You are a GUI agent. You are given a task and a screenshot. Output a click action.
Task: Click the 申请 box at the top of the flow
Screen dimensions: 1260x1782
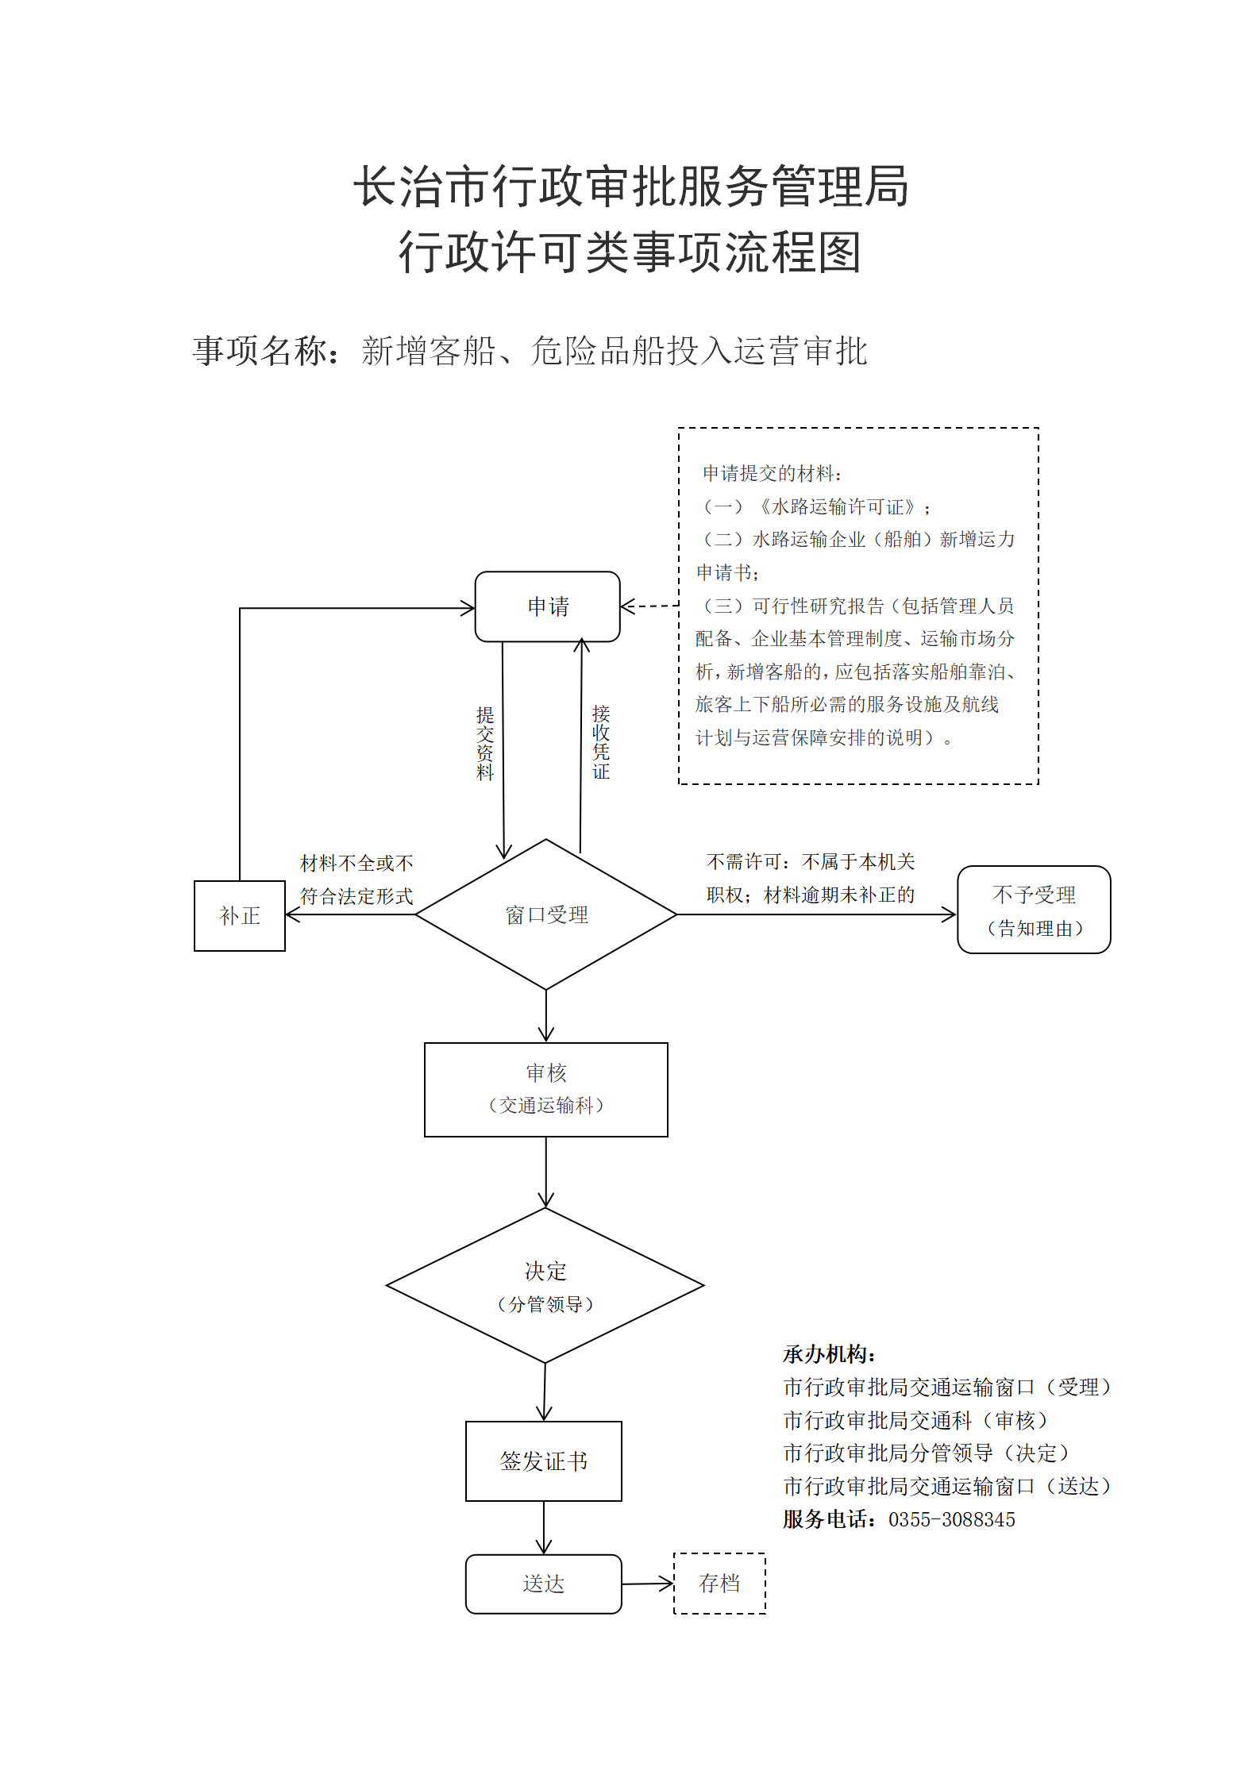pyautogui.click(x=547, y=606)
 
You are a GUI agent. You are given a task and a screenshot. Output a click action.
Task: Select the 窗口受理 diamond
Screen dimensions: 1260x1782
pyautogui.click(x=546, y=914)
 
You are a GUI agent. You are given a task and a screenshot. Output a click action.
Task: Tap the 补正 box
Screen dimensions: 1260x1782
pyautogui.click(x=240, y=916)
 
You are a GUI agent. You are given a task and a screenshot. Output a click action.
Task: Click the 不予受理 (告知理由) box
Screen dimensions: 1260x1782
pyautogui.click(x=1034, y=910)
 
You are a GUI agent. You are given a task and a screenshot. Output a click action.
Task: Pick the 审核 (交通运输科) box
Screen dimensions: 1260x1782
pyautogui.click(x=546, y=1090)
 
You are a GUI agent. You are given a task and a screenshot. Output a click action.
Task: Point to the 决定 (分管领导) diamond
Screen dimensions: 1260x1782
pyautogui.click(x=545, y=1286)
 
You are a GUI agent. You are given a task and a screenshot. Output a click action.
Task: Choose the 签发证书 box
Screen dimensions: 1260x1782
pyautogui.click(x=544, y=1461)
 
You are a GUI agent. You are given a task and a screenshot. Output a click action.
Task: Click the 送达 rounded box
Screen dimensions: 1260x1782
pyautogui.click(x=544, y=1584)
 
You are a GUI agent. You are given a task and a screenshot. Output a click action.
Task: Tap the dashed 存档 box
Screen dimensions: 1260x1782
pyautogui.click(x=719, y=1584)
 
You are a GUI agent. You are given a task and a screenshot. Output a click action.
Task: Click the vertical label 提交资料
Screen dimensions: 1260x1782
pyautogui.click(x=485, y=743)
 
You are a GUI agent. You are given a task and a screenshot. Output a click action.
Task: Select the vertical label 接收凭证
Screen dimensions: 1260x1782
pyautogui.click(x=601, y=741)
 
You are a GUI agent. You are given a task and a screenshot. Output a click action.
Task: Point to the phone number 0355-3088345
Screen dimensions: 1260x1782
pyautogui.click(x=952, y=1519)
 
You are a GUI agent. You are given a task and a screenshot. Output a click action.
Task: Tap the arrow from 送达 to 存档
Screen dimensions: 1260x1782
pyautogui.click(x=648, y=1584)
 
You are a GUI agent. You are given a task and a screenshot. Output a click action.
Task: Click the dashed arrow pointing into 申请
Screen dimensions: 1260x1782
pyautogui.click(x=649, y=606)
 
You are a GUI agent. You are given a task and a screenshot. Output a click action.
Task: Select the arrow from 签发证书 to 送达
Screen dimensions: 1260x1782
pyautogui.click(x=544, y=1528)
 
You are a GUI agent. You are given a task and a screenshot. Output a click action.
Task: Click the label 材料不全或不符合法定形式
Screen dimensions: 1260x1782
pyautogui.click(x=356, y=879)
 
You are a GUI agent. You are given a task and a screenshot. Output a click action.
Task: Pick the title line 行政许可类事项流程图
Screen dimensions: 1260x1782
pyautogui.click(x=630, y=252)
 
